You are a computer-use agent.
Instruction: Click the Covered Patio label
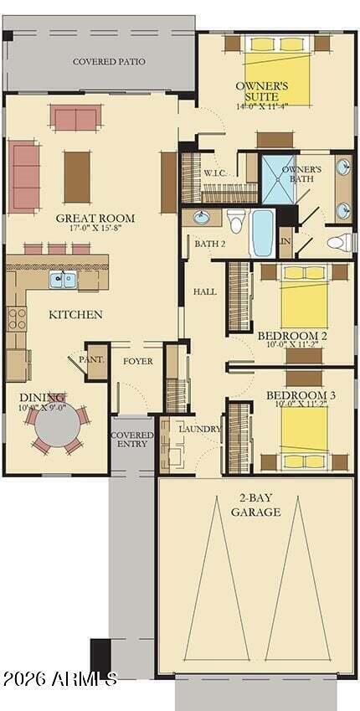(109, 61)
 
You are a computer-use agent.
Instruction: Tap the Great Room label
(95, 218)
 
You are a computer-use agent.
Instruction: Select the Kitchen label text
(75, 315)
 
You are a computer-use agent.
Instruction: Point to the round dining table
(58, 426)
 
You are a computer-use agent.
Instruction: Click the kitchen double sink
(63, 280)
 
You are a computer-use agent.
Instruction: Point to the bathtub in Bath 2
(262, 232)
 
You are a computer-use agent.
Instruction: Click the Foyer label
(138, 362)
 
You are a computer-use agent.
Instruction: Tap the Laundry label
(200, 430)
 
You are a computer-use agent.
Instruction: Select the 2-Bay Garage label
(255, 505)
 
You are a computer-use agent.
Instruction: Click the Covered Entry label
(131, 440)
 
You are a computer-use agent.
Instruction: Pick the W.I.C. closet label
(214, 173)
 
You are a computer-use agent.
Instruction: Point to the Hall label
(205, 291)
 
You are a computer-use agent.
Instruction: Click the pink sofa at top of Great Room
(76, 117)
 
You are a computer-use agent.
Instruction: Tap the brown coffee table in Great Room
(77, 176)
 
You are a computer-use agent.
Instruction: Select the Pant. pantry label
(97, 360)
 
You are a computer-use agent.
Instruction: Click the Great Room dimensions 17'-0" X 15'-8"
(95, 228)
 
